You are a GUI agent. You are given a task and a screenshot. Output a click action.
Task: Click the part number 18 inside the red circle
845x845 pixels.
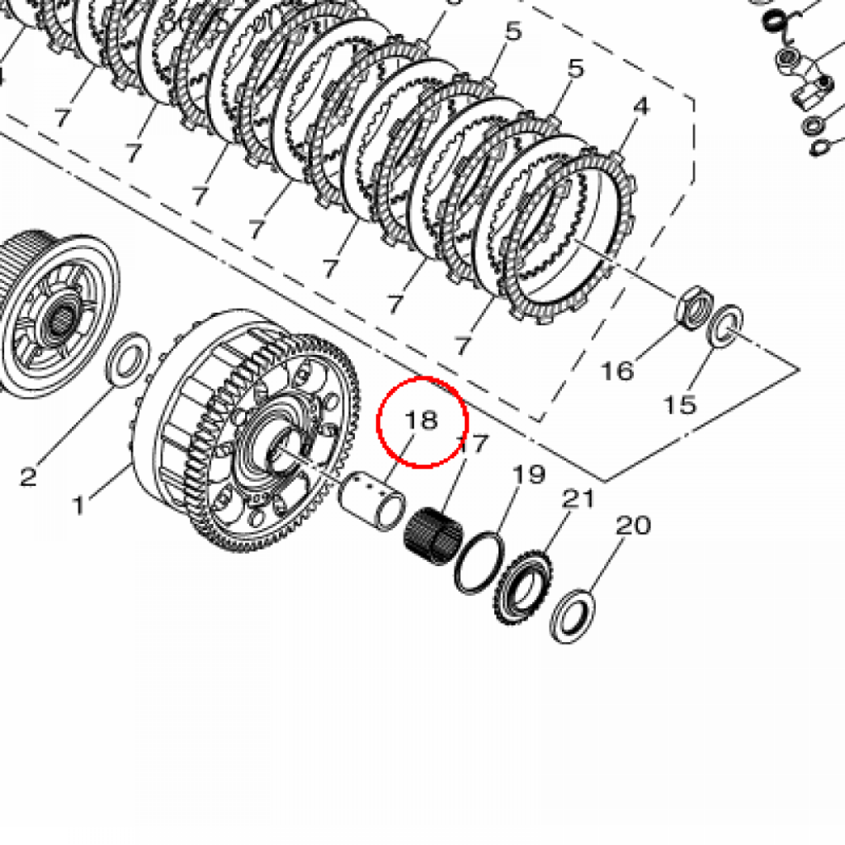pos(421,420)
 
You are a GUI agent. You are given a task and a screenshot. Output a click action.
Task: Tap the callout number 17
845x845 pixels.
pos(473,444)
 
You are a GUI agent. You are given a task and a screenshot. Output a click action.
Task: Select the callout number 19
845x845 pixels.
pos(529,474)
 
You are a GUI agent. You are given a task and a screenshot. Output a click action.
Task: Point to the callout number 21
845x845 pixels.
pos(578,499)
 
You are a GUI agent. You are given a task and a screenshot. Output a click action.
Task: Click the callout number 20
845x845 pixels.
pos(633,525)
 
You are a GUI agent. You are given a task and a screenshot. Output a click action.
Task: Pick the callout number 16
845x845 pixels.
pos(617,371)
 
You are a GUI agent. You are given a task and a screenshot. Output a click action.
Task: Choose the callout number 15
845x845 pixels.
pos(680,404)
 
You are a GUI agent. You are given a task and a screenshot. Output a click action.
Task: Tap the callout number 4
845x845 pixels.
pos(640,106)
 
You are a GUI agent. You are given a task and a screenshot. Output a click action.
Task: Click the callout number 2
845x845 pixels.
pos(29,476)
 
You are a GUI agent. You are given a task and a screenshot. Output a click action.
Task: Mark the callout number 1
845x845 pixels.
pos(79,506)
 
